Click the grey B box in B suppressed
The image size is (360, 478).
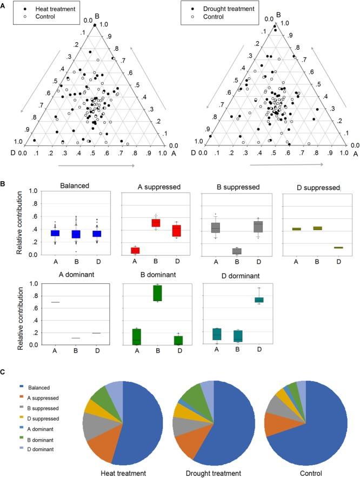[x=236, y=251]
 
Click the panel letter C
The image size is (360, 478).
[x=4, y=372]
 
